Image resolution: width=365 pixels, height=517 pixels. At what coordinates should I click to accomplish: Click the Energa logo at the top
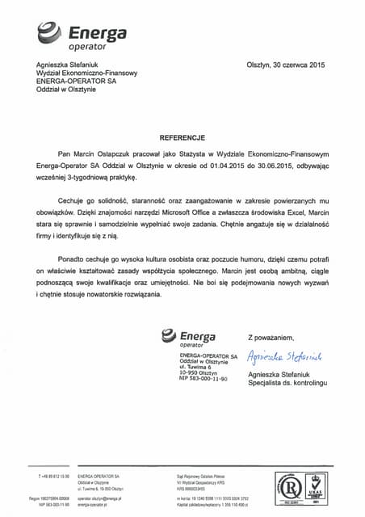82,36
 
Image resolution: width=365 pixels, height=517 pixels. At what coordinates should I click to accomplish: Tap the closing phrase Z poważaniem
271,337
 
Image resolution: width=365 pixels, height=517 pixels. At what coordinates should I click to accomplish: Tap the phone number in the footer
55,477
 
